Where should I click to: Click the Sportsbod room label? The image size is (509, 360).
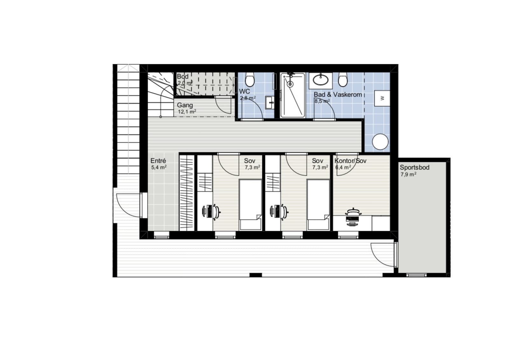tap(415, 168)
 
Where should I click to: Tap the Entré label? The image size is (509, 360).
tap(158, 161)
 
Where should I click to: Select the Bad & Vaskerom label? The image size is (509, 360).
tap(338, 95)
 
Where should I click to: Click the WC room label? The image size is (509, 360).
tap(245, 91)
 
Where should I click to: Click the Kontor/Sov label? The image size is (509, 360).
tap(350, 161)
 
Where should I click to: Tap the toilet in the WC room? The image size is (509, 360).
tap(250, 80)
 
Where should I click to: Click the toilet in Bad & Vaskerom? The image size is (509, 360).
tap(343, 80)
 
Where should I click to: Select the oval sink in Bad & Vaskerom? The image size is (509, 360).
tap(320, 80)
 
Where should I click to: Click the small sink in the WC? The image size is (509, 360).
tap(270, 102)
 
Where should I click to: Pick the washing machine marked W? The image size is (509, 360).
tap(382, 98)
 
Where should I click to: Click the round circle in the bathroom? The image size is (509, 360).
tap(380, 142)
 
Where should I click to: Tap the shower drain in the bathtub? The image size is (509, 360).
tap(290, 84)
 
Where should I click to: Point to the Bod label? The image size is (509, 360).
tap(183, 76)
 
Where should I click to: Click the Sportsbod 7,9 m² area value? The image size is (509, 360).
tap(408, 174)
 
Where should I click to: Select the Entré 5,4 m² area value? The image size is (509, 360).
tap(159, 168)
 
